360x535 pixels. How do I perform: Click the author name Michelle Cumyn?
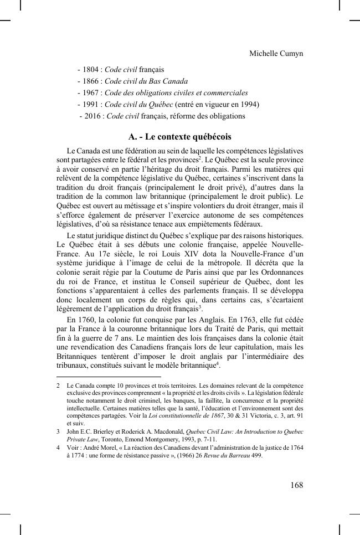(x=276, y=53)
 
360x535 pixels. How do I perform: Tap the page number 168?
(x=296, y=485)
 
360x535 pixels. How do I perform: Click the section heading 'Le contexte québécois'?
(x=179, y=136)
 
